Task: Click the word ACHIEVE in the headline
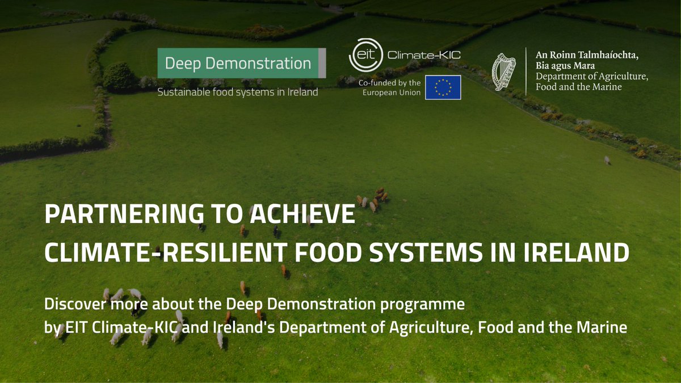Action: tap(307, 216)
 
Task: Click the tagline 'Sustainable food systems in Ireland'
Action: tap(237, 92)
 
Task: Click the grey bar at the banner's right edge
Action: tap(322, 63)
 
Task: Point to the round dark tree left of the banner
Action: tap(119, 76)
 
